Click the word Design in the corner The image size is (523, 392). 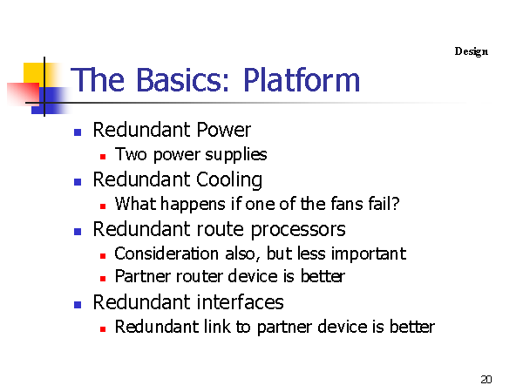[x=472, y=51]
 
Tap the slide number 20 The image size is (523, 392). [x=486, y=379]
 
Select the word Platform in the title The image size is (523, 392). [x=302, y=80]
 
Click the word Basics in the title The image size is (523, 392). [x=183, y=80]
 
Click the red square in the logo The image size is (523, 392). [x=23, y=94]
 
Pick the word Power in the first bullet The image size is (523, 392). [x=223, y=130]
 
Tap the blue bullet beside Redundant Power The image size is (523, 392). [x=78, y=132]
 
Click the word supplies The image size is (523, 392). [x=236, y=155]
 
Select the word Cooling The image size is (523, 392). [x=229, y=180]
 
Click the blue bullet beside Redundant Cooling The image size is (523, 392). [x=78, y=182]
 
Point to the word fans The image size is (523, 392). [x=347, y=204]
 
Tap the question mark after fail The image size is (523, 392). [x=395, y=203]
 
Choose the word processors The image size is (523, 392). [x=298, y=230]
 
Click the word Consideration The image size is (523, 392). [x=166, y=253]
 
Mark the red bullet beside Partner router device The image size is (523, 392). [x=103, y=279]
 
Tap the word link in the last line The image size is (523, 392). [x=217, y=327]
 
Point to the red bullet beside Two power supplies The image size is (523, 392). [x=103, y=156]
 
